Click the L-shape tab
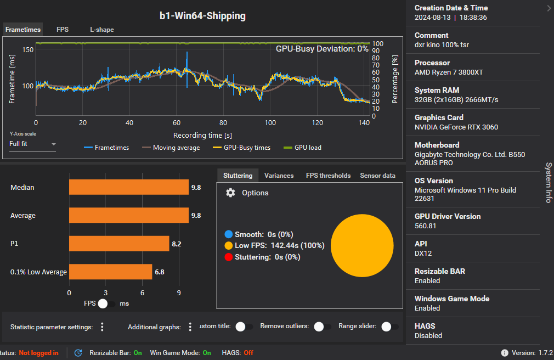coord(102,30)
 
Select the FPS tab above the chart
coord(63,30)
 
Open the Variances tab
coord(279,176)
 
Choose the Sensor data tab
coord(377,176)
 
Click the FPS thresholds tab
coord(328,176)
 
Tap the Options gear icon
coord(231,193)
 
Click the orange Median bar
coord(128,187)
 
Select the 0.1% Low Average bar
coord(110,272)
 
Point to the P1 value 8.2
coord(176,244)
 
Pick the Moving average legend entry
coord(171,147)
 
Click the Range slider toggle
coord(389,327)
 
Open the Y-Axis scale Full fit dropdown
coord(32,144)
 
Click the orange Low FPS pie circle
coord(362,245)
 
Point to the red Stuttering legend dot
coord(228,257)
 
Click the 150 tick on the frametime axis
coord(28,50)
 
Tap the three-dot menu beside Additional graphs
coord(190,327)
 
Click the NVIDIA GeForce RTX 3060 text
coord(456,127)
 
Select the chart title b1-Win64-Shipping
coord(202,16)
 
